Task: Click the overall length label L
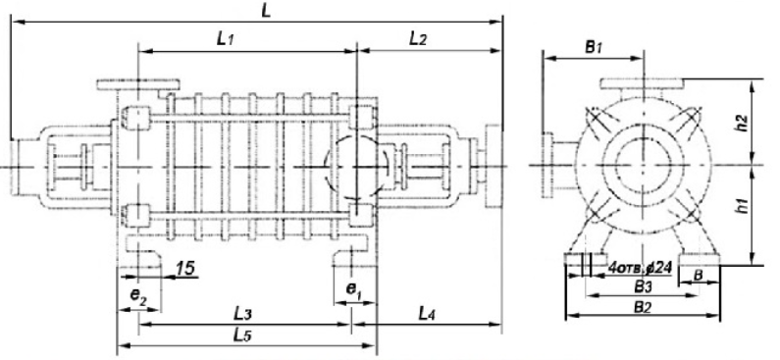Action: [266, 11]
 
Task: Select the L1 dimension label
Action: [225, 40]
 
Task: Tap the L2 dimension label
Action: [418, 39]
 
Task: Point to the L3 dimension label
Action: [242, 314]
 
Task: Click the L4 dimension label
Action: [428, 313]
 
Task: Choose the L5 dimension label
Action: [242, 335]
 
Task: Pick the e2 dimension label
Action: [138, 295]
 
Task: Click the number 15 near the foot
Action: [185, 269]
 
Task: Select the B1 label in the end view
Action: [594, 48]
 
